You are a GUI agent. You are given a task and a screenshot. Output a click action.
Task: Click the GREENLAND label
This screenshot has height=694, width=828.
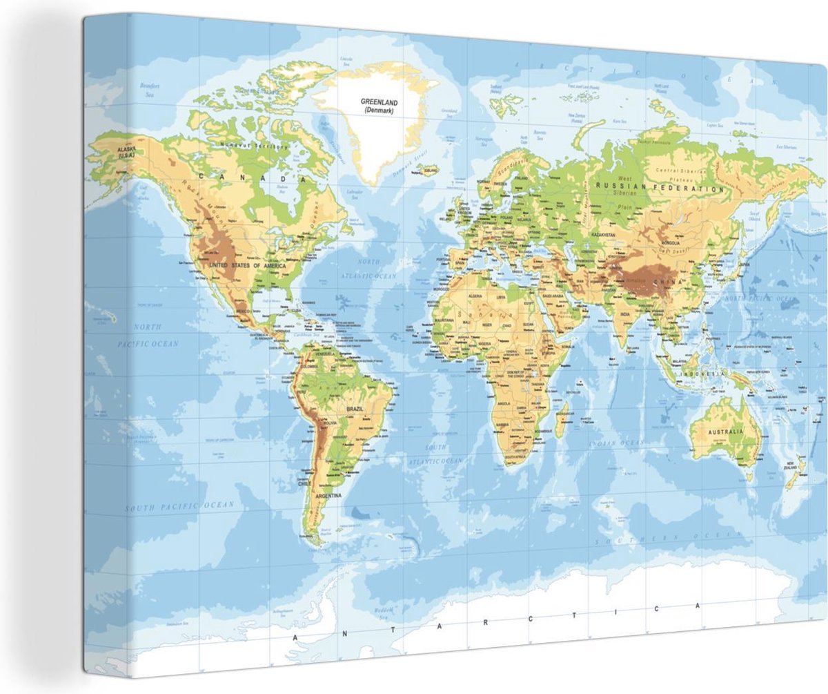click(x=379, y=102)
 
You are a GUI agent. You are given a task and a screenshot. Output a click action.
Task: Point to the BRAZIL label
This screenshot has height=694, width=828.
click(x=356, y=409)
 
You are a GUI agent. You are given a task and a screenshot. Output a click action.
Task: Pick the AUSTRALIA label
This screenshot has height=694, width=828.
click(x=724, y=432)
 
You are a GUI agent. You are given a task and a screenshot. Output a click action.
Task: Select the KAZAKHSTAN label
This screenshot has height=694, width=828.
click(x=602, y=235)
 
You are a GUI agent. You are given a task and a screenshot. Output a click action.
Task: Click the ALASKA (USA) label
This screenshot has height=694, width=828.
click(x=126, y=152)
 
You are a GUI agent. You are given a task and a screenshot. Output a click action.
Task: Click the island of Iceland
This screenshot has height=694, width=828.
click(x=429, y=168)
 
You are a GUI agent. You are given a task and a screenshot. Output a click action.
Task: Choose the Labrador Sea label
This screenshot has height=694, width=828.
click(x=355, y=193)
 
